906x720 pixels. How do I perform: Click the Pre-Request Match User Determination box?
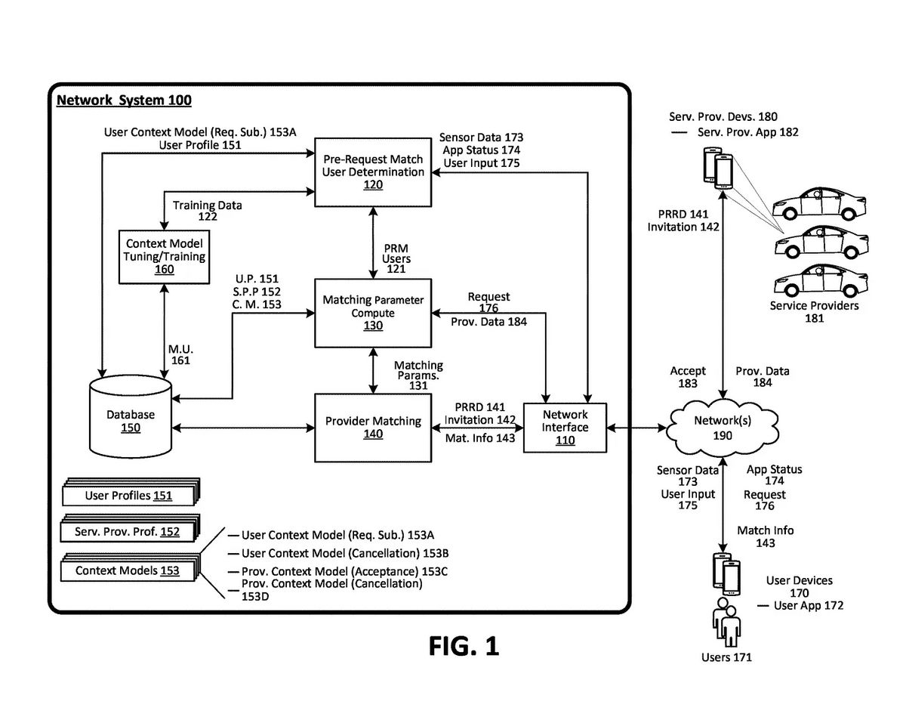click(x=373, y=172)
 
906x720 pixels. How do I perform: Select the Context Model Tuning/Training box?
click(x=165, y=256)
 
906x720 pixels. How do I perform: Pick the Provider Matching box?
click(x=373, y=428)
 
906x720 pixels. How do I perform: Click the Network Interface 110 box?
click(x=565, y=427)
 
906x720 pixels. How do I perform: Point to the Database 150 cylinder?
click(x=130, y=419)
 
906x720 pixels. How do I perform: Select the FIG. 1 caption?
click(x=464, y=646)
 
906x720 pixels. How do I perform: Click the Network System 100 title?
click(x=125, y=100)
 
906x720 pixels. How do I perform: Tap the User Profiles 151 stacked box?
click(x=128, y=496)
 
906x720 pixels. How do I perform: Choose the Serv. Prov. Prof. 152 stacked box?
click(x=128, y=532)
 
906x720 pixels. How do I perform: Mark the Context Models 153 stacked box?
click(x=128, y=571)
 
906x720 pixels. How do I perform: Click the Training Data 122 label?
click(x=208, y=211)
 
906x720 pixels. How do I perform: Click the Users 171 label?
click(x=726, y=657)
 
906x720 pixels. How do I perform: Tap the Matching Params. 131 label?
click(x=418, y=375)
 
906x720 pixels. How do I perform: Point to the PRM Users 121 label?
click(x=397, y=258)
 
